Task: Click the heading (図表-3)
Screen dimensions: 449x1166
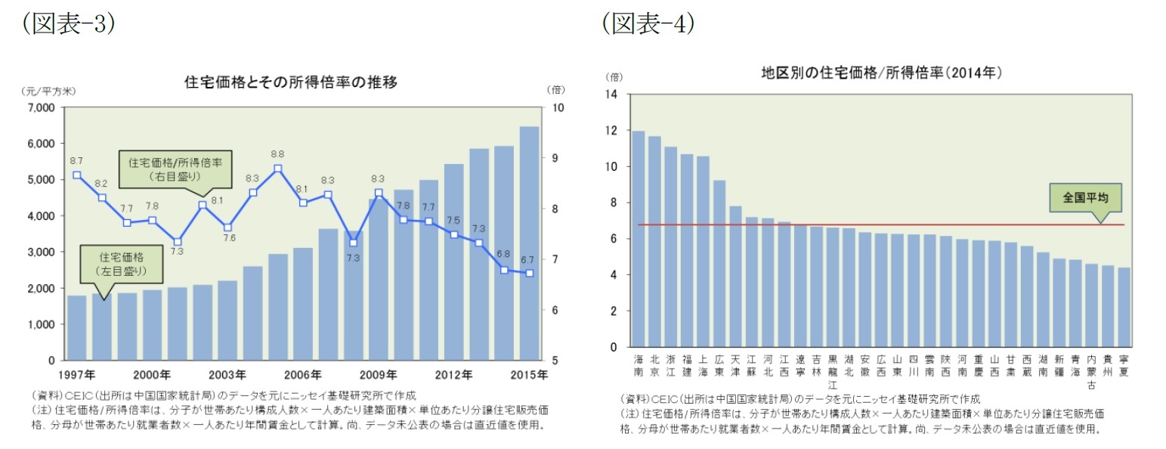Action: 68,24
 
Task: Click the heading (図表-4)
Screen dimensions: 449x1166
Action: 648,24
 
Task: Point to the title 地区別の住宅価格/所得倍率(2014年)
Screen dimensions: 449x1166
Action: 881,73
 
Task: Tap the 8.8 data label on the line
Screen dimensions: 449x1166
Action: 277,153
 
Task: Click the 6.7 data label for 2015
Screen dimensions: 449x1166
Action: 529,260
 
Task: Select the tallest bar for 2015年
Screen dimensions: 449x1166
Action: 529,243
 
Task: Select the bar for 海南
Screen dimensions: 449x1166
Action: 638,239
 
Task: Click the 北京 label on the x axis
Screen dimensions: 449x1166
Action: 654,366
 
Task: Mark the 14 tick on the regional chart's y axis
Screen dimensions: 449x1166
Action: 612,94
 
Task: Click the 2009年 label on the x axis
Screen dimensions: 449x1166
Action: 379,374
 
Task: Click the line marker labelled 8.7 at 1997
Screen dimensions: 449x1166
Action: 77,175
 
